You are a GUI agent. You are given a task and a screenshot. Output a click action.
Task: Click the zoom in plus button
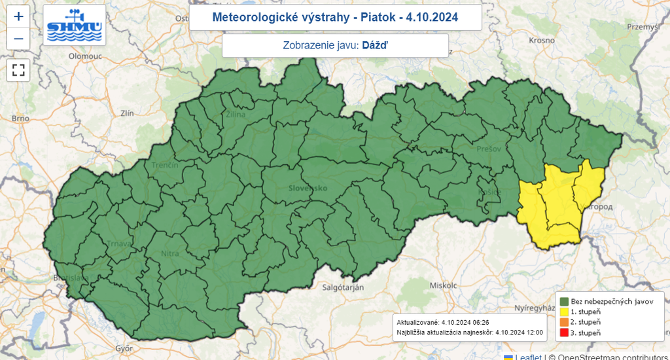(x=18, y=16)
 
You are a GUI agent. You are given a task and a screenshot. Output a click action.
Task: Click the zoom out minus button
(x=18, y=39)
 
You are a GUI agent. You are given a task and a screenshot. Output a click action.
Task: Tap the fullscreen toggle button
(x=18, y=70)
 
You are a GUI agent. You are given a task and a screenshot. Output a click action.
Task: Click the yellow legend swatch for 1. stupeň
(x=563, y=312)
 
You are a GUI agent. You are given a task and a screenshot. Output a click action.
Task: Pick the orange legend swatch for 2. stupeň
(x=563, y=323)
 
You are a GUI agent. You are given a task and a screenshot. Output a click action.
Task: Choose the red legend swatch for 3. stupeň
(x=563, y=334)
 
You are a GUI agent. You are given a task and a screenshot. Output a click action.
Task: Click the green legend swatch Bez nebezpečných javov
(x=563, y=300)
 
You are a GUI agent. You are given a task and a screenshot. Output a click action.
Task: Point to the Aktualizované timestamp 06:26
(x=465, y=322)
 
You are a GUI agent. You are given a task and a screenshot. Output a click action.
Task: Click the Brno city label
(x=21, y=118)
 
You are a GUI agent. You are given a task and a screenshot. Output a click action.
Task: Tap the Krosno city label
(x=542, y=40)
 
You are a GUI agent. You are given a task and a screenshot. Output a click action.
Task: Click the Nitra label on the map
(x=170, y=253)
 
